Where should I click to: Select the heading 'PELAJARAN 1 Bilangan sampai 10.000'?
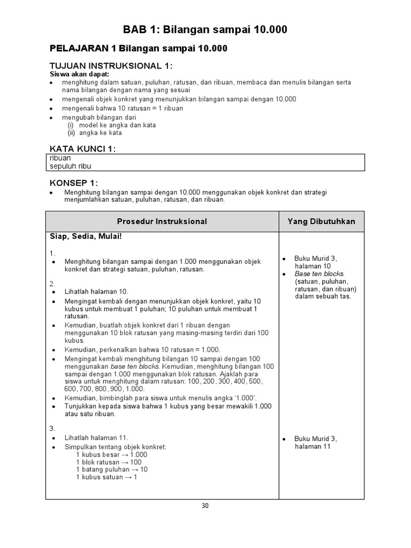coord(139,49)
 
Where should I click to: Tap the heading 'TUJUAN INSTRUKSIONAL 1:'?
coord(111,66)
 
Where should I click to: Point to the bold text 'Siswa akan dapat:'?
coord(79,74)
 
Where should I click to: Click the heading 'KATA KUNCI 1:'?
coord(82,148)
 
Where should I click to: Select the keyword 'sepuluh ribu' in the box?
coord(70,166)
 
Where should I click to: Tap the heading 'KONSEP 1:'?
coord(74,182)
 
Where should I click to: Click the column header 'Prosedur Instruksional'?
coord(162,221)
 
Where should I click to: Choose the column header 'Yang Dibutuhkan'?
coord(321,221)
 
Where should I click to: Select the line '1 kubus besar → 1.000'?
coord(111,454)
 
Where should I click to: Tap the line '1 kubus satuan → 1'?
coord(106,477)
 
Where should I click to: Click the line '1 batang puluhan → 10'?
coord(112,469)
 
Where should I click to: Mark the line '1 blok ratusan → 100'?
coord(109,462)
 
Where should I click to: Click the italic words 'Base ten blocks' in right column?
coord(319,273)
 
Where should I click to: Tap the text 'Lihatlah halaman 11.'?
coord(96,437)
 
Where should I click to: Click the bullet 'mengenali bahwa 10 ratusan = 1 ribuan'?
coord(122,108)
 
